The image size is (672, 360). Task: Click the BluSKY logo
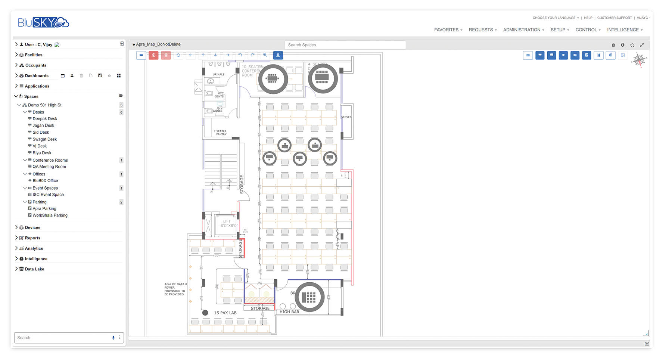pyautogui.click(x=43, y=22)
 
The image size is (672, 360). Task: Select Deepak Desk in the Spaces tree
pyautogui.click(x=45, y=119)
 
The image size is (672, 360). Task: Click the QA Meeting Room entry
pyautogui.click(x=49, y=167)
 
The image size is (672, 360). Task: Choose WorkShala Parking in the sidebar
pyautogui.click(x=50, y=215)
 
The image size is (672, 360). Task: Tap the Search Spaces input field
pyautogui.click(x=345, y=45)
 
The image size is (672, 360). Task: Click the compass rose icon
pyautogui.click(x=639, y=60)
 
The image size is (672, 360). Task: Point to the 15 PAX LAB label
pyautogui.click(x=225, y=313)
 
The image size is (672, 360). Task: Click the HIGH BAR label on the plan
pyautogui.click(x=289, y=312)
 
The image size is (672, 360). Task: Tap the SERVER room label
pyautogui.click(x=346, y=117)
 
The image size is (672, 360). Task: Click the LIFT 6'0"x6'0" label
pyautogui.click(x=227, y=224)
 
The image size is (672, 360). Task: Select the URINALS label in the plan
pyautogui.click(x=218, y=74)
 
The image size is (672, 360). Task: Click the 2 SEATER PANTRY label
pyautogui.click(x=221, y=133)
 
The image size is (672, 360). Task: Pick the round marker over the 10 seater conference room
pyautogui.click(x=273, y=79)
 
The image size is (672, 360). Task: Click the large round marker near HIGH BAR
pyautogui.click(x=309, y=297)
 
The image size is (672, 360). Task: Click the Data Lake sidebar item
pyautogui.click(x=34, y=269)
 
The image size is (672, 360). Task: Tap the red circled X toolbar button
pyautogui.click(x=153, y=55)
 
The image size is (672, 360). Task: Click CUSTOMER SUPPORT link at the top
pyautogui.click(x=614, y=18)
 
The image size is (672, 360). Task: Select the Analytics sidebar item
pyautogui.click(x=34, y=248)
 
